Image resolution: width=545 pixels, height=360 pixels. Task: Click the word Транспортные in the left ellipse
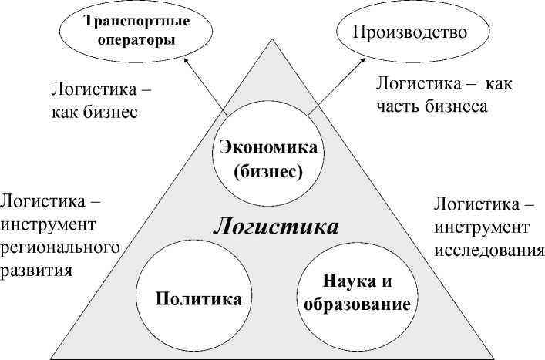(137, 22)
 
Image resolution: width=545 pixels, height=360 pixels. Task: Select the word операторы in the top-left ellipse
(136, 40)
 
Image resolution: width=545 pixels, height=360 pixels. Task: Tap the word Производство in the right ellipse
(410, 32)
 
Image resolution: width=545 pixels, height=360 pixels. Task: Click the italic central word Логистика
(276, 227)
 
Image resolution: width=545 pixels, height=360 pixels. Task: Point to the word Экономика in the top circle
(269, 147)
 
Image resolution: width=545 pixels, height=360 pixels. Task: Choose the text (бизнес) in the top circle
(268, 172)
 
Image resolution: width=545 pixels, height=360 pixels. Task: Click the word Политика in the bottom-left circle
(198, 298)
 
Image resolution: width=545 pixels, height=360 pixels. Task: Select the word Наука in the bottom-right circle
(348, 281)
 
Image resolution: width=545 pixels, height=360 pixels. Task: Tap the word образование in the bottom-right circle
(358, 304)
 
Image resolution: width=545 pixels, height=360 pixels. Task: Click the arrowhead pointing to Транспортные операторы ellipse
(186, 60)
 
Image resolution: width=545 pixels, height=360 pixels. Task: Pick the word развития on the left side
(36, 271)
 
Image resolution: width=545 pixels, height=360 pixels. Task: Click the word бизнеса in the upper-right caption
(456, 106)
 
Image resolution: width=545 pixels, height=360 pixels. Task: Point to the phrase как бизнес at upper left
(95, 112)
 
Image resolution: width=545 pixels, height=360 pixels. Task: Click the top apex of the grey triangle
(272, 39)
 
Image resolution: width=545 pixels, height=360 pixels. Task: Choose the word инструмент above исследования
(482, 228)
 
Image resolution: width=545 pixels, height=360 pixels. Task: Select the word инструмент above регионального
(48, 225)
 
